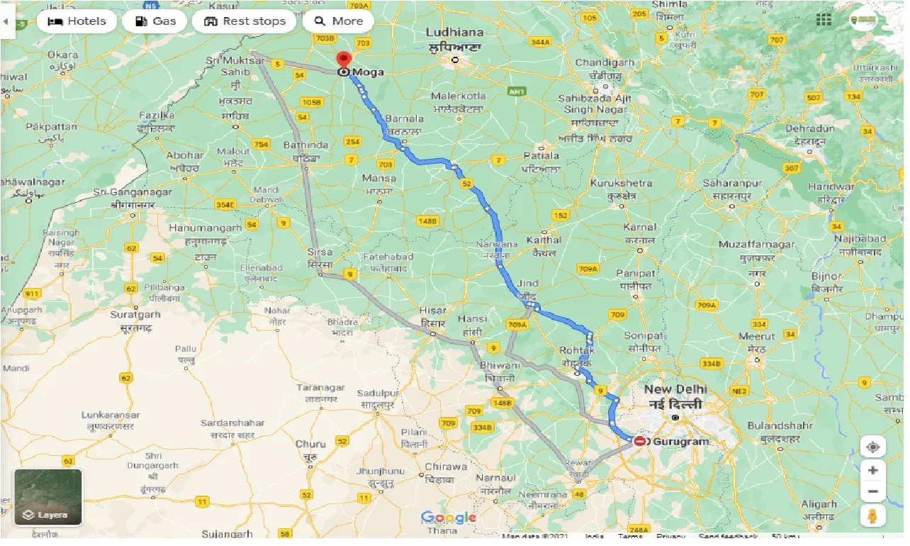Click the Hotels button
(77, 21)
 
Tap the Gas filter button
(155, 21)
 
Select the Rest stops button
(245, 21)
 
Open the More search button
(338, 21)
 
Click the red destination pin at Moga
(344, 61)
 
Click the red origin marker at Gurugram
(639, 441)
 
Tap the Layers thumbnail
(48, 497)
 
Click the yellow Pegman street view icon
(872, 516)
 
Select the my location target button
(872, 447)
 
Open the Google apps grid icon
(823, 21)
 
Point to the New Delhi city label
(675, 390)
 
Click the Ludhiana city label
(455, 33)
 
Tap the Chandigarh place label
(604, 63)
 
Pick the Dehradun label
(809, 129)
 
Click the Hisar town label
(432, 311)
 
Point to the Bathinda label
(306, 145)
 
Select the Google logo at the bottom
(448, 518)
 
